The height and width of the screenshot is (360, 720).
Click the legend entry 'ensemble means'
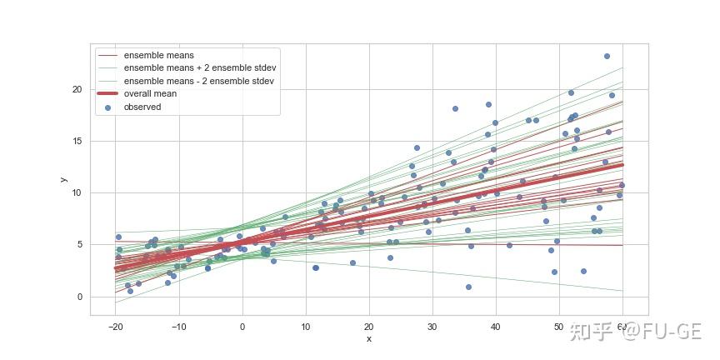coord(158,56)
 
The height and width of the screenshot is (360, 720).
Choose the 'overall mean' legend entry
coord(150,94)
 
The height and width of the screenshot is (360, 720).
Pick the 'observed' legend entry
coord(142,107)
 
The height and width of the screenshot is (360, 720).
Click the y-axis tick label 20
coord(77,89)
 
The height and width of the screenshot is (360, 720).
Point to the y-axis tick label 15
coord(77,141)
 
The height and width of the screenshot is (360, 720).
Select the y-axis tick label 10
coord(77,193)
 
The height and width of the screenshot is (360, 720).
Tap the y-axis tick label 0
coord(79,297)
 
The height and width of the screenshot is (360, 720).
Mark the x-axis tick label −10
coord(177,326)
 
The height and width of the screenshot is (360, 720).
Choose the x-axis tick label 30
coord(432,326)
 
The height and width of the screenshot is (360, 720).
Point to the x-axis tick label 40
coord(496,326)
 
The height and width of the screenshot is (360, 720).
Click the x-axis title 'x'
coord(368,339)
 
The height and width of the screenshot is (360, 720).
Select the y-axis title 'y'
coord(63,179)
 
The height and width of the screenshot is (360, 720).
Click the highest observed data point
coord(607,56)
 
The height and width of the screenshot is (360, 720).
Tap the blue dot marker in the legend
coord(107,107)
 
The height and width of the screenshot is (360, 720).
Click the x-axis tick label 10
coord(306,326)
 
